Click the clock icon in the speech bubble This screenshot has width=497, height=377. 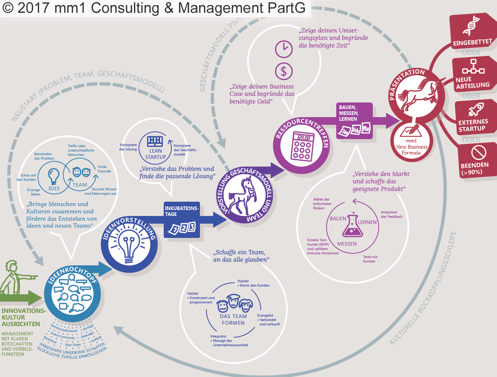[x=284, y=49]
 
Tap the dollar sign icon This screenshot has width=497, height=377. [x=284, y=71]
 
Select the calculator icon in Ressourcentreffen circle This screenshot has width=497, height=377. [x=301, y=146]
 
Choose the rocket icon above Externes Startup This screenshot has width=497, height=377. [x=475, y=110]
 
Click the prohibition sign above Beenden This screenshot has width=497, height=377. [x=478, y=153]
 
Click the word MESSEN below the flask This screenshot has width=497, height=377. [x=347, y=244]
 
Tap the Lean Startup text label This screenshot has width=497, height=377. [x=156, y=154]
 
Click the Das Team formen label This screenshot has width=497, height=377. [x=233, y=320]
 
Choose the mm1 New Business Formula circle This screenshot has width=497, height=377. [x=411, y=143]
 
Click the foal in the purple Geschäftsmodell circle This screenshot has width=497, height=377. [x=242, y=194]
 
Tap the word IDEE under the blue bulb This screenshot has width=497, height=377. [x=54, y=188]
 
